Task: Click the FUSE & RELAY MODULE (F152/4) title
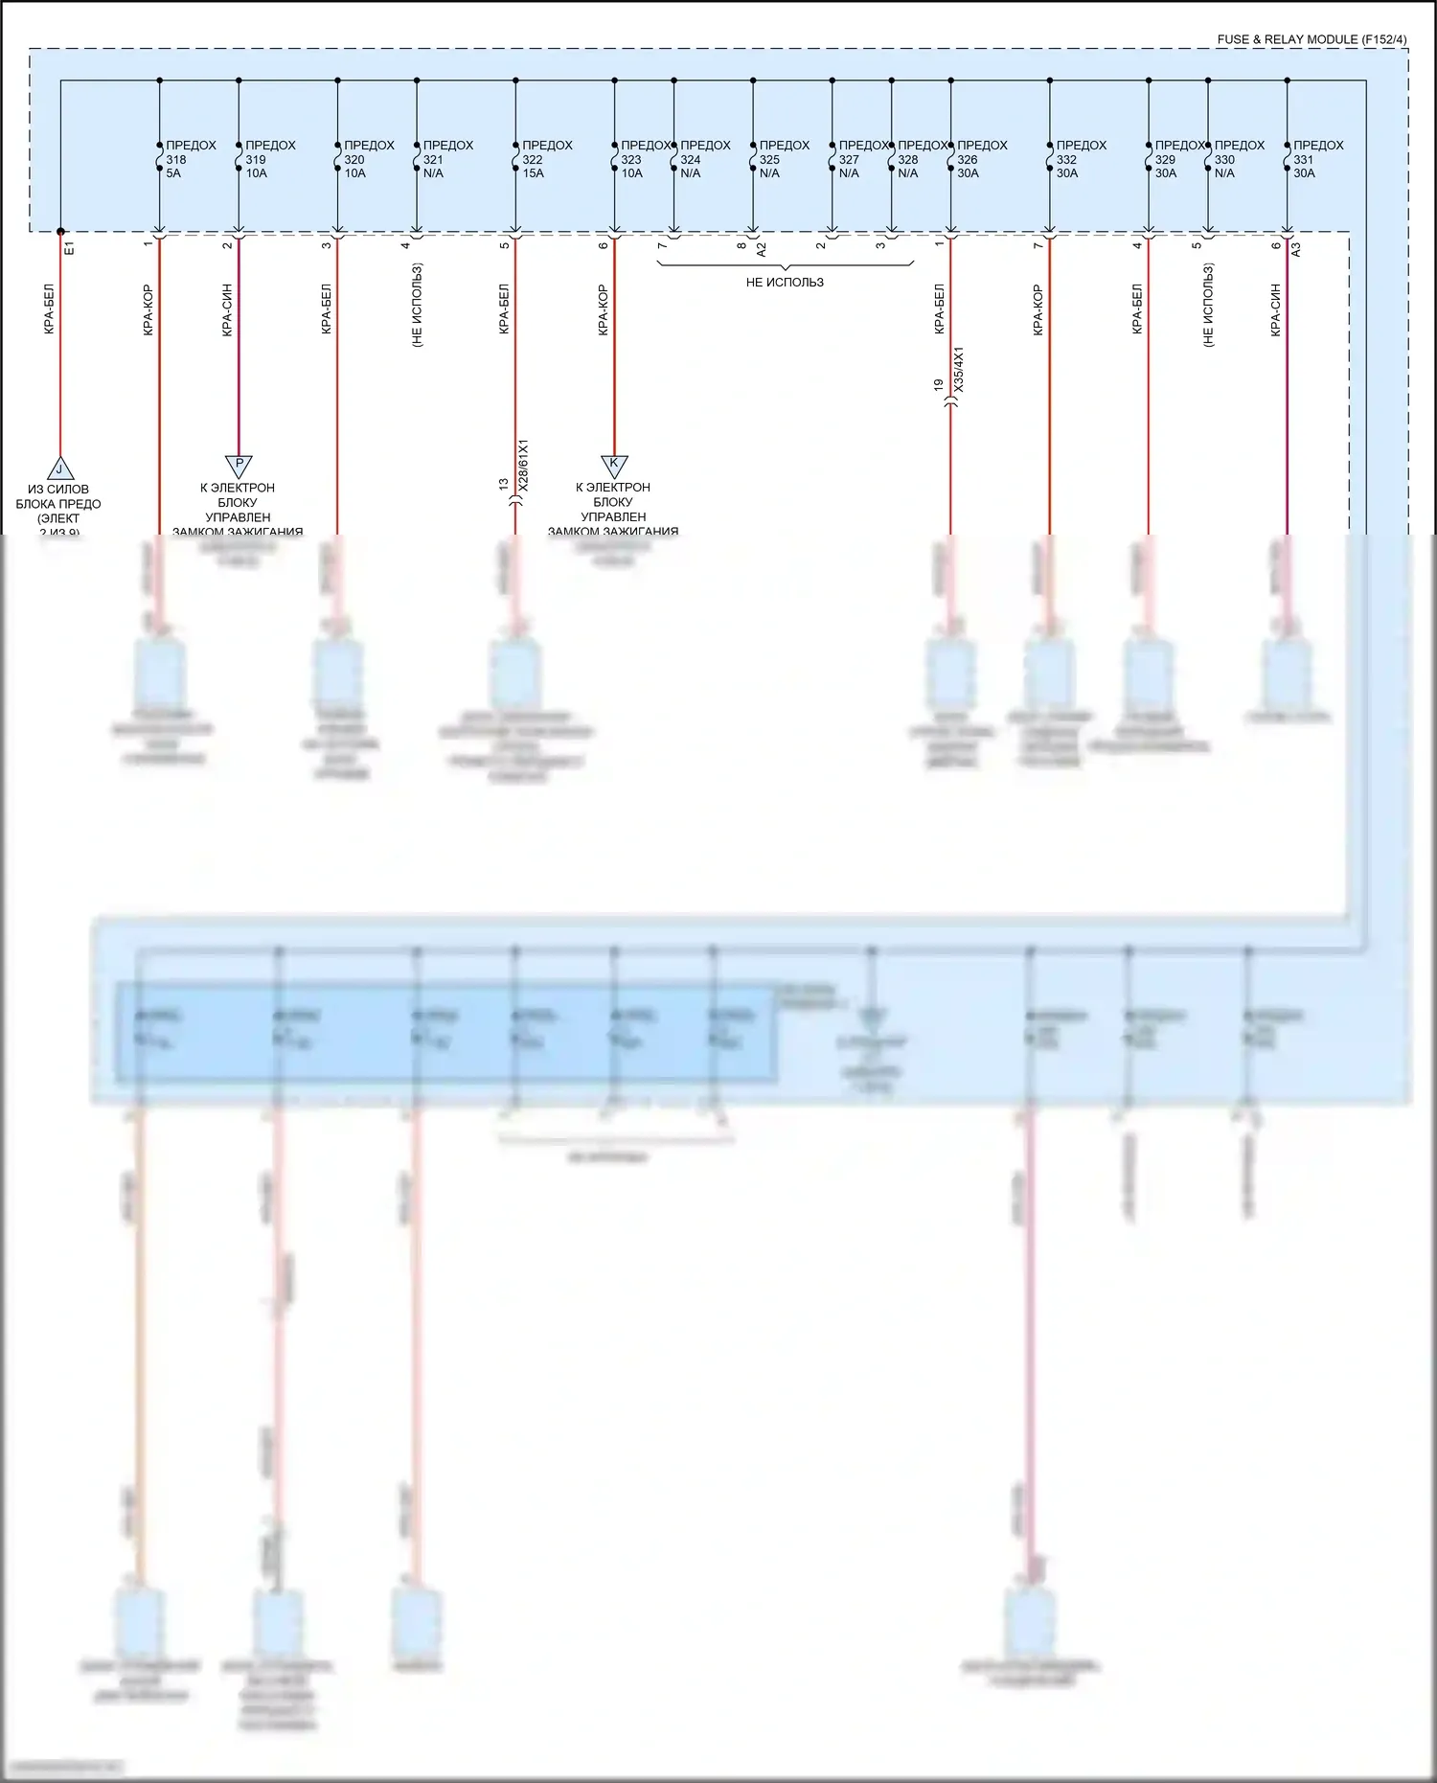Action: [1312, 39]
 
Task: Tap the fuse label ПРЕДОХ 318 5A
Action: [190, 159]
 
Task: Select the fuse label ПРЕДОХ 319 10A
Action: [269, 159]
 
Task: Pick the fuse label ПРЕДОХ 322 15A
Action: [546, 159]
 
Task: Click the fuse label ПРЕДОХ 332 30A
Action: [1080, 159]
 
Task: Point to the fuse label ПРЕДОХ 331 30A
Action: [1317, 159]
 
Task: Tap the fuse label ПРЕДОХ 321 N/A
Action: [447, 159]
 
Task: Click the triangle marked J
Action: [60, 469]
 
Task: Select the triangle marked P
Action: [239, 465]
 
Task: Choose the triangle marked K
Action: [614, 465]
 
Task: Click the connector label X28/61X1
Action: [523, 466]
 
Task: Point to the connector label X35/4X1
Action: [959, 369]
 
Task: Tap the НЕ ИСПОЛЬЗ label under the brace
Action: [785, 283]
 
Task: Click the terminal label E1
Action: [69, 248]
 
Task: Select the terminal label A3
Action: [1296, 248]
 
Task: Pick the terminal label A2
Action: [762, 249]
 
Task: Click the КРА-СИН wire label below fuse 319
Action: [227, 309]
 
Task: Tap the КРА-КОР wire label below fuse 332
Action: [1038, 309]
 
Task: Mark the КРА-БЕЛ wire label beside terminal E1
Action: [49, 309]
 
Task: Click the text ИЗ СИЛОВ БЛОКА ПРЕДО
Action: [58, 496]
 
